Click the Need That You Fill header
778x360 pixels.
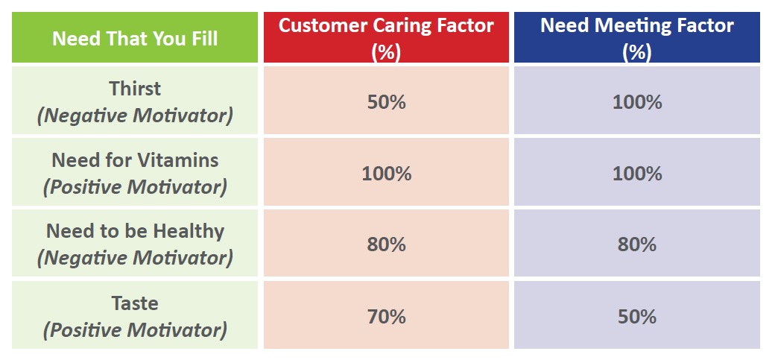click(135, 38)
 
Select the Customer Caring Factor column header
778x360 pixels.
click(386, 38)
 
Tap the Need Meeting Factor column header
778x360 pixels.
click(637, 38)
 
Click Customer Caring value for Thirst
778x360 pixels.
click(387, 102)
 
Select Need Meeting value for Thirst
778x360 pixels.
click(637, 102)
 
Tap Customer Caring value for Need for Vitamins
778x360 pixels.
click(387, 174)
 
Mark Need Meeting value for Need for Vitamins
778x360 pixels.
click(637, 174)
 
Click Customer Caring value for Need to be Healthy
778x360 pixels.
click(387, 244)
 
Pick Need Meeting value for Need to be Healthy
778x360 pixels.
click(637, 244)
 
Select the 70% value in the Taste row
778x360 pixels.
click(387, 317)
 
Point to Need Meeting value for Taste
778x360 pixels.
click(637, 317)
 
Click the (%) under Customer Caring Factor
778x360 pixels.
click(386, 52)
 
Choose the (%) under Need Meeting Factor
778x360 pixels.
click(637, 52)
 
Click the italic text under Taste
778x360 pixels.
click(135, 330)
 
